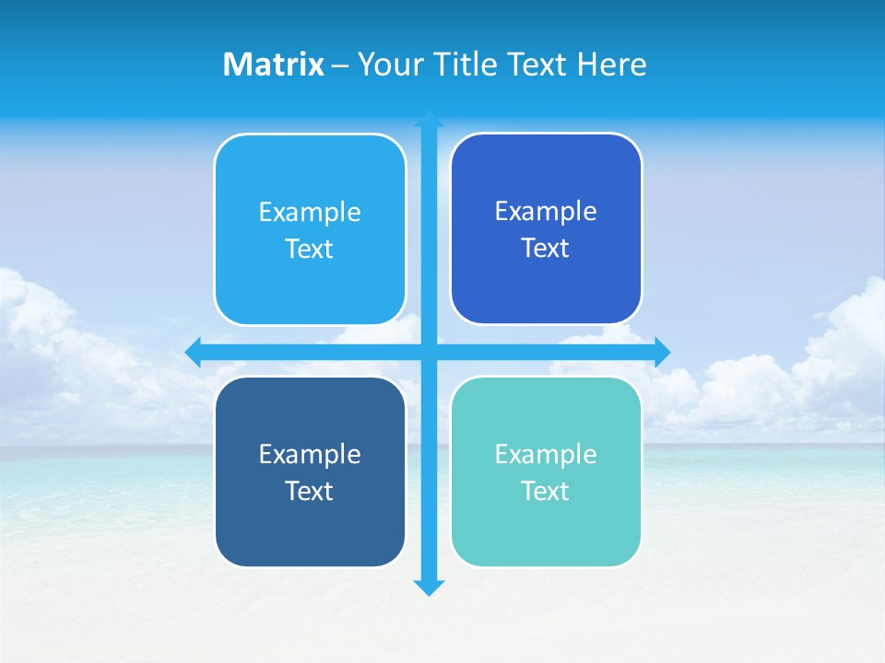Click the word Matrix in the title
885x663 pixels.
click(274, 64)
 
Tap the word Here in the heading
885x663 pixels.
click(611, 64)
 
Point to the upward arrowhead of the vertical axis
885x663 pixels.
click(429, 119)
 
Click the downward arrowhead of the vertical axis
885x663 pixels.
click(429, 587)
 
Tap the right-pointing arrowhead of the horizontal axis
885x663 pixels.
click(662, 351)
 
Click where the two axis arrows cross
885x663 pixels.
click(429, 351)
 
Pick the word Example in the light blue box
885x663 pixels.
click(310, 213)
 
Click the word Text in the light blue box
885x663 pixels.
click(310, 250)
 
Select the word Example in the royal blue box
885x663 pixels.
click(546, 212)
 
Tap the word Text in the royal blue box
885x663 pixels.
click(546, 249)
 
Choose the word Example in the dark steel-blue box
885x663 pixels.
click(310, 455)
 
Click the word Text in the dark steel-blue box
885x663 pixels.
click(310, 492)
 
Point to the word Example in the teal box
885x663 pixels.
click(546, 455)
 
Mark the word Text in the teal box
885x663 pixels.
click(546, 492)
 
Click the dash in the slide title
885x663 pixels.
click(340, 65)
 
